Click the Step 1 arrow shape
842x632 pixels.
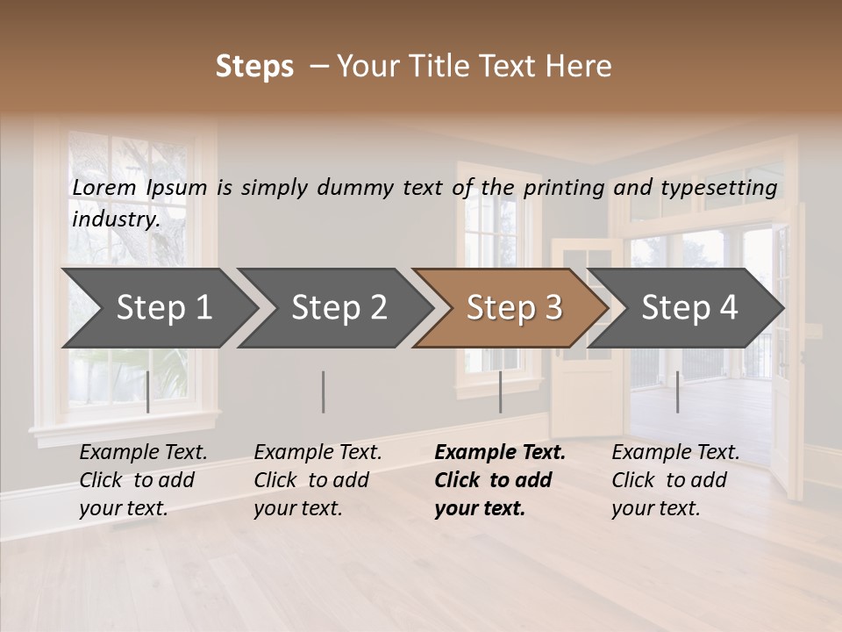(x=158, y=308)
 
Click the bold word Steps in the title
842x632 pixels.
(x=254, y=66)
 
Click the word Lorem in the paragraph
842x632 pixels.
(x=104, y=187)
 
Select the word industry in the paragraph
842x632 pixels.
(x=115, y=219)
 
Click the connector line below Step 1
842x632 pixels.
(x=148, y=391)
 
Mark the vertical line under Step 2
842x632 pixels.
(x=324, y=391)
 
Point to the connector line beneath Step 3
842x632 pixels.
(x=500, y=391)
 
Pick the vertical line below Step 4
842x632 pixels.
(x=677, y=391)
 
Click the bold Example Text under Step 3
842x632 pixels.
(x=500, y=453)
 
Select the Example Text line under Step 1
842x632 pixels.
(x=143, y=453)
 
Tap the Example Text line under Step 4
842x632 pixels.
(x=675, y=453)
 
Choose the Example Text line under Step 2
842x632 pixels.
(x=318, y=453)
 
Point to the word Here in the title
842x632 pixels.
(x=582, y=66)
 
